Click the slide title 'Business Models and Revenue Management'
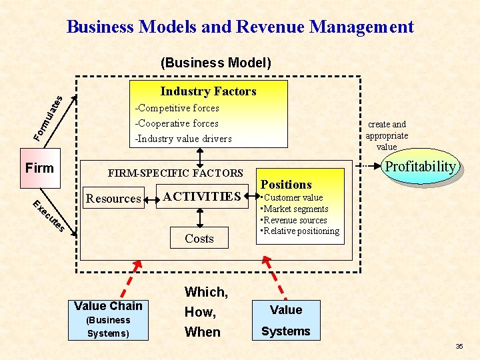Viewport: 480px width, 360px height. [240, 27]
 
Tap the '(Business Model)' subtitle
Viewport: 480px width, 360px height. [216, 63]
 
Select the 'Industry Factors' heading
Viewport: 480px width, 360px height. [208, 91]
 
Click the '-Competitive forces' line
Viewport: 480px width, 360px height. [177, 108]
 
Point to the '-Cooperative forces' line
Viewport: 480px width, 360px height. [177, 123]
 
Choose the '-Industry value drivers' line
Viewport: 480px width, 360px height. [183, 139]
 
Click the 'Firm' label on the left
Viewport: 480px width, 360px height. [39, 168]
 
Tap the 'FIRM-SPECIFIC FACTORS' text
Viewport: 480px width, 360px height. [175, 173]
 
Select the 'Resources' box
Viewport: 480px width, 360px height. [113, 198]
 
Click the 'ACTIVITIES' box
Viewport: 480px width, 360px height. [201, 196]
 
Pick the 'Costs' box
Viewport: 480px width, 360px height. [199, 239]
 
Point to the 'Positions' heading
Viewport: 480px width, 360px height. [286, 185]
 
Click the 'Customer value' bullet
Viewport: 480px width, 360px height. [293, 197]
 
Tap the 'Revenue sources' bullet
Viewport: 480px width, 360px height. [295, 220]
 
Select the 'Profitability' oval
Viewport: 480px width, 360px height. [421, 167]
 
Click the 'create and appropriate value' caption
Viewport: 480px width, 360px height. [387, 135]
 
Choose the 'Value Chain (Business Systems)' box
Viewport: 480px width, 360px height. [108, 319]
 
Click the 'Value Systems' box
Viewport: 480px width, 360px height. [286, 320]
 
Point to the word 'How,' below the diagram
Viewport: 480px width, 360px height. [199, 312]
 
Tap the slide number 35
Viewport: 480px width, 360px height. [459, 347]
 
